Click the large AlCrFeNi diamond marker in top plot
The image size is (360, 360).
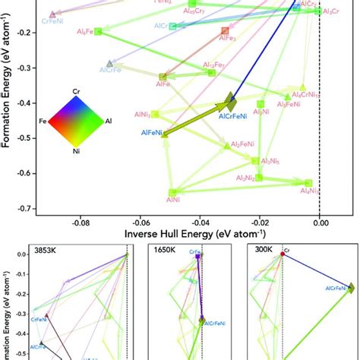231,102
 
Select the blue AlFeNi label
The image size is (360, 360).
153,132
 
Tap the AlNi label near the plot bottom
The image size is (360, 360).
172,199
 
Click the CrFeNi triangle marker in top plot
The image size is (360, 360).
52,14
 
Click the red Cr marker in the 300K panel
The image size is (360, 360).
283,255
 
